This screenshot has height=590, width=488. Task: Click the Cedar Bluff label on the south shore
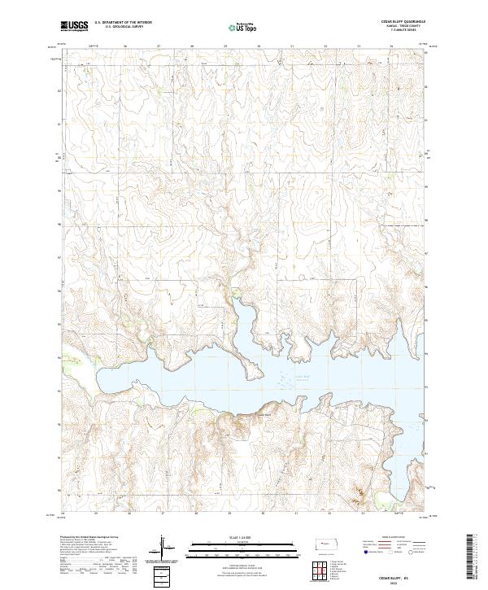coord(262,413)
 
